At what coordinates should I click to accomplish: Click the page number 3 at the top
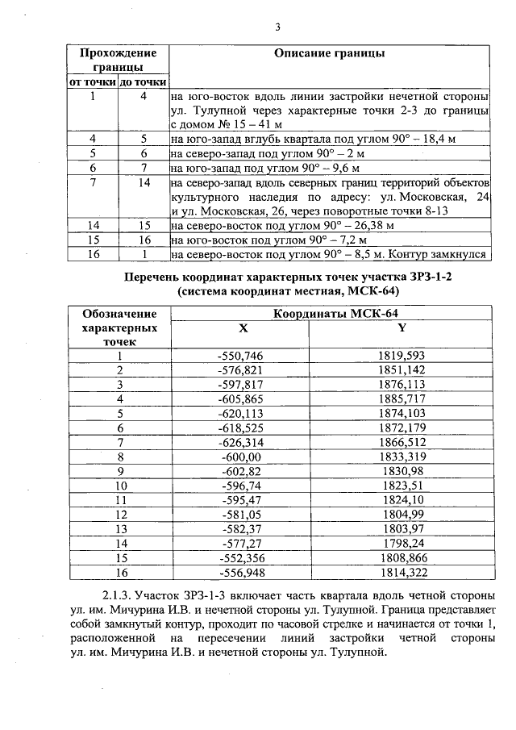[x=277, y=27]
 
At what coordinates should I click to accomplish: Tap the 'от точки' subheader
[x=91, y=82]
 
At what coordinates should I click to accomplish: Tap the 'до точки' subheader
[x=143, y=82]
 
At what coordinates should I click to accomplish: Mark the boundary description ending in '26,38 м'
[x=282, y=226]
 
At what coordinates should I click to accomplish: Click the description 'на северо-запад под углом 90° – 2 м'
[x=268, y=153]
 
